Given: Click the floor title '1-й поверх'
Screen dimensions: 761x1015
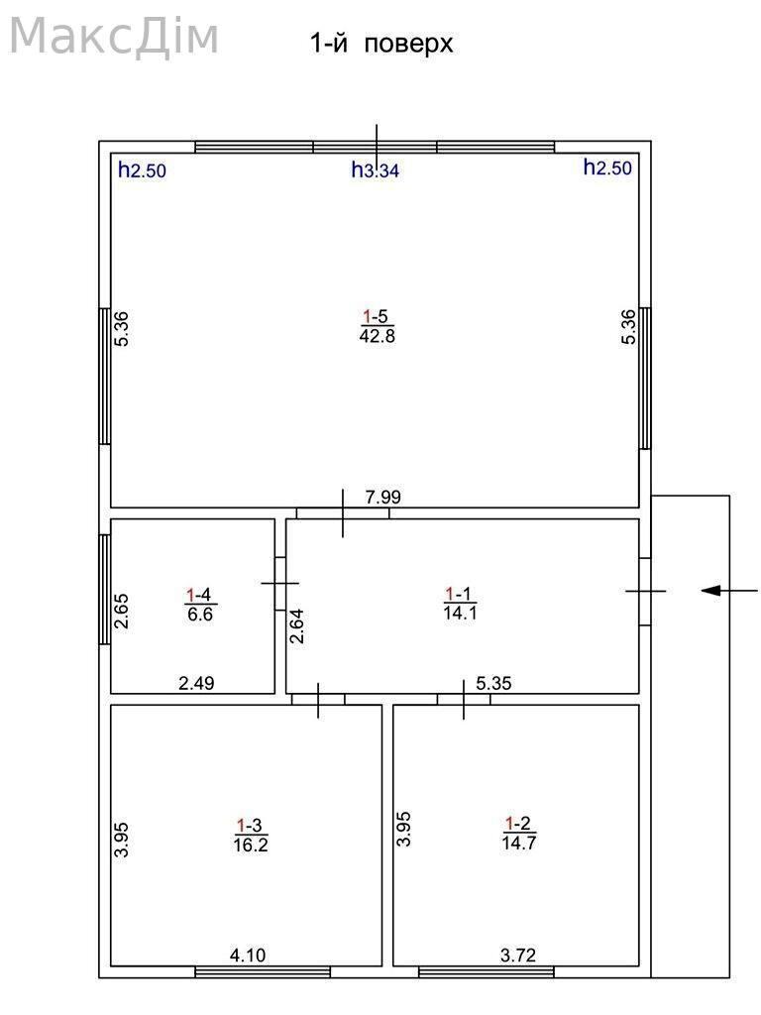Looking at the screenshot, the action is [x=381, y=44].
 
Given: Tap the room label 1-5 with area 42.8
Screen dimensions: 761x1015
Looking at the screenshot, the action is [x=378, y=326].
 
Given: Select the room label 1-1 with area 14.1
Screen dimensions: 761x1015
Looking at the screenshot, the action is [x=460, y=604].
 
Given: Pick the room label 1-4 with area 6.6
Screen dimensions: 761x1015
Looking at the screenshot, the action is [x=200, y=604].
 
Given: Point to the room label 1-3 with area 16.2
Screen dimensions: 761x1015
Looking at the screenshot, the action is [x=251, y=835].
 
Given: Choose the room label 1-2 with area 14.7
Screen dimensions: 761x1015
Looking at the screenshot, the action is [x=519, y=833].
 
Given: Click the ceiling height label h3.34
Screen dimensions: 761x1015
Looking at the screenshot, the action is [x=376, y=170].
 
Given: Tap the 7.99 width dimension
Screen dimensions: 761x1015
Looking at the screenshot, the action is [x=383, y=498].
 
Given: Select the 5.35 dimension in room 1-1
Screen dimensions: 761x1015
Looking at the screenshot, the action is [x=493, y=683].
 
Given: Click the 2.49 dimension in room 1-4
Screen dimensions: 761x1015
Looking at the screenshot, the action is [x=196, y=683].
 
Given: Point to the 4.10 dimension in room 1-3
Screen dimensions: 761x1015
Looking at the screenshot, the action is [x=248, y=955].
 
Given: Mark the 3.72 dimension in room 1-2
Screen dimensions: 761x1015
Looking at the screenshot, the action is [x=518, y=955].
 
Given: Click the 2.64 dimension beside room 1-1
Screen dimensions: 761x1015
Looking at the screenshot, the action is [x=297, y=626].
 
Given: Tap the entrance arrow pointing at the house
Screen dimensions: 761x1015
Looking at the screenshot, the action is [x=729, y=591].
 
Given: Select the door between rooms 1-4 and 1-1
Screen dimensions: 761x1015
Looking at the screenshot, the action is [x=280, y=583].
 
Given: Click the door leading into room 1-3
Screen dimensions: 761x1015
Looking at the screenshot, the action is [x=318, y=700].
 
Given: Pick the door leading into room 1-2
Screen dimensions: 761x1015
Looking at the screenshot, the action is [x=464, y=700].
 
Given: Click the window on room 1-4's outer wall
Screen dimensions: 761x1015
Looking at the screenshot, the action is [x=105, y=589].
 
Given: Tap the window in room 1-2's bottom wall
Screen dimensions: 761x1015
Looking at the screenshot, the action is [x=487, y=972].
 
